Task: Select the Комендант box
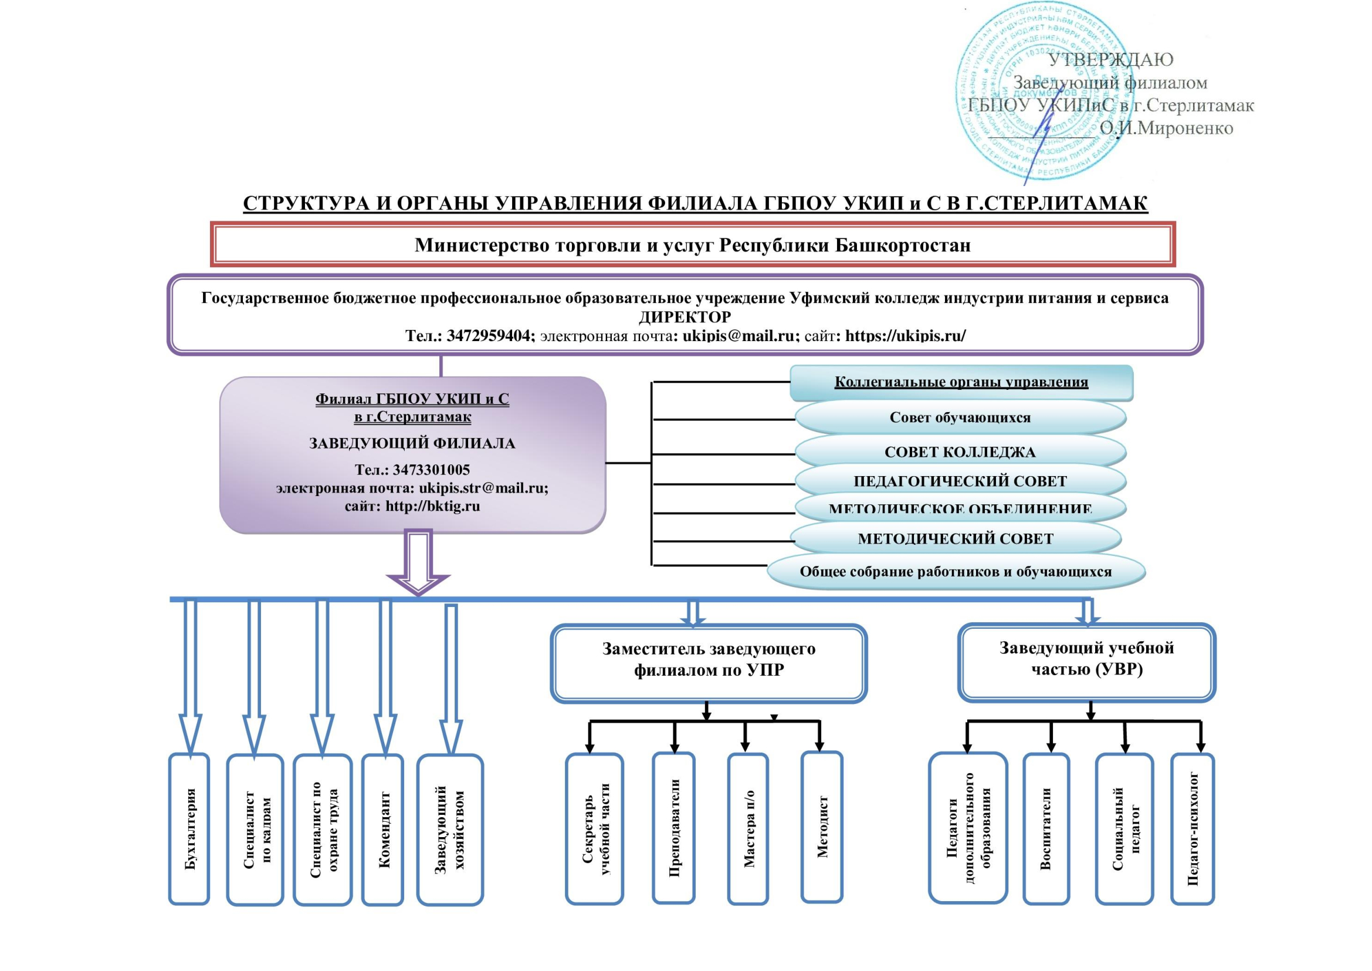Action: (x=383, y=830)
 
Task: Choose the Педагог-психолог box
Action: (x=1193, y=829)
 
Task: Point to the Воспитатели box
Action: (x=1046, y=829)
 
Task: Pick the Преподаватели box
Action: (x=673, y=828)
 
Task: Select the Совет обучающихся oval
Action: (x=960, y=417)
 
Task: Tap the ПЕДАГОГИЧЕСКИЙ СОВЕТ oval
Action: (x=960, y=481)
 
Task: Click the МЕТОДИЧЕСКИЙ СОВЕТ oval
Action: (x=955, y=539)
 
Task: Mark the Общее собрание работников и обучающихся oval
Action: (x=956, y=572)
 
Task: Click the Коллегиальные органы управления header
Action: (x=961, y=382)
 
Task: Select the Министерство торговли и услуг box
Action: (x=693, y=245)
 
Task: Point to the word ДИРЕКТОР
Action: (x=685, y=316)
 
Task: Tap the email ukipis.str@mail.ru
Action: (x=483, y=488)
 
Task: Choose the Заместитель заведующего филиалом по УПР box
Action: (x=709, y=662)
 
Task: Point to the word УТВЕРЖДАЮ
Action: (x=1111, y=60)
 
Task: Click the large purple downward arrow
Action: (x=418, y=562)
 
